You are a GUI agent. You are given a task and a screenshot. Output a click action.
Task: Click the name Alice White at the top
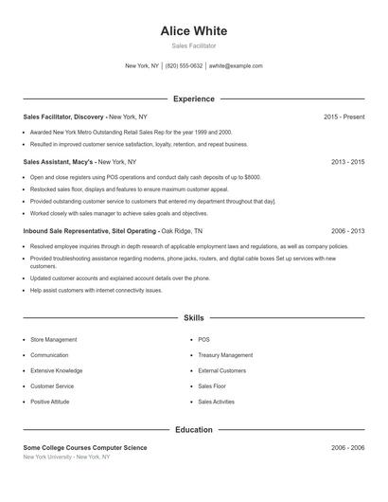coord(194,31)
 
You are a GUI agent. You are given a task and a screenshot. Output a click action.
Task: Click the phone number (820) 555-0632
coord(184,66)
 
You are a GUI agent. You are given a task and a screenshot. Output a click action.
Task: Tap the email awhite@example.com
coord(236,66)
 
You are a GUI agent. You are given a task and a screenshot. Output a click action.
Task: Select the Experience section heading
coord(194,99)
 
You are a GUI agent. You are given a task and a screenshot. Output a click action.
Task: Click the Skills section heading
coord(194,319)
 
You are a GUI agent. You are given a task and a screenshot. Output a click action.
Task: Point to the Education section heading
coord(194,429)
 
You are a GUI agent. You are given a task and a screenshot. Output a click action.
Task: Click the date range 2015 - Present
coord(344,117)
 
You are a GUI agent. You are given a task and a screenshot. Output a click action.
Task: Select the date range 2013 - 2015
coord(347,162)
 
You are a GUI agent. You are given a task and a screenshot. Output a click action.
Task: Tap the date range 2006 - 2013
coord(347,230)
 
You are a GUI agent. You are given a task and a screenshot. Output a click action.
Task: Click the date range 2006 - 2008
coord(347,447)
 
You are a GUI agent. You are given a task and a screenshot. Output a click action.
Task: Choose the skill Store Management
coord(54,339)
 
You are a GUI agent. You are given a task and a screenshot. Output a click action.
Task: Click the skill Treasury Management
coord(225,354)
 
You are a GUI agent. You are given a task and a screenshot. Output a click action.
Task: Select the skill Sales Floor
coord(212,386)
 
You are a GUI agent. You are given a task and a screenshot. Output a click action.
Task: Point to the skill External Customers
coord(221,370)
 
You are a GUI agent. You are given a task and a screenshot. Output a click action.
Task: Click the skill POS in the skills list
coord(203,339)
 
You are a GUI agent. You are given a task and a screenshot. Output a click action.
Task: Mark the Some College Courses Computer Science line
coord(85,447)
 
